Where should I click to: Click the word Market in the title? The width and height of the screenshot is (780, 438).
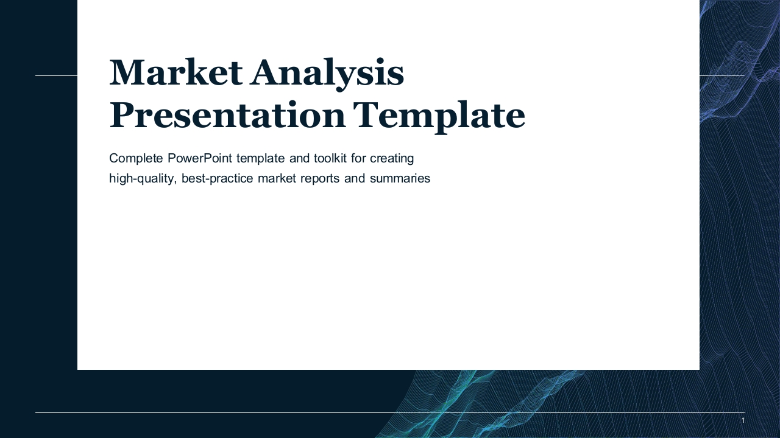(176, 72)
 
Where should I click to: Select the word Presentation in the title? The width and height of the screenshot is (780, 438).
(227, 115)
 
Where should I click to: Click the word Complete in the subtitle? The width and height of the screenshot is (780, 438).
(136, 158)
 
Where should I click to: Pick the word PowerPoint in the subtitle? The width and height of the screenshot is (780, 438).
(200, 158)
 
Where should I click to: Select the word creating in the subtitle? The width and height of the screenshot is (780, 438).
(392, 159)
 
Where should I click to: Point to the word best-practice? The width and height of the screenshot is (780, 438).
(218, 179)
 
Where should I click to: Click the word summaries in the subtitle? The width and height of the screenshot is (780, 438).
(400, 179)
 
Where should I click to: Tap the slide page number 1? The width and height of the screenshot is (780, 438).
(743, 420)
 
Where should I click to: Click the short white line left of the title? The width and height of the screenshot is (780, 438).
(57, 75)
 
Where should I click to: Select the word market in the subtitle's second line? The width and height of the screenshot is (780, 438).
(277, 178)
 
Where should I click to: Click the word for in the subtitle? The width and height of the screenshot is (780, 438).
(358, 158)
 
